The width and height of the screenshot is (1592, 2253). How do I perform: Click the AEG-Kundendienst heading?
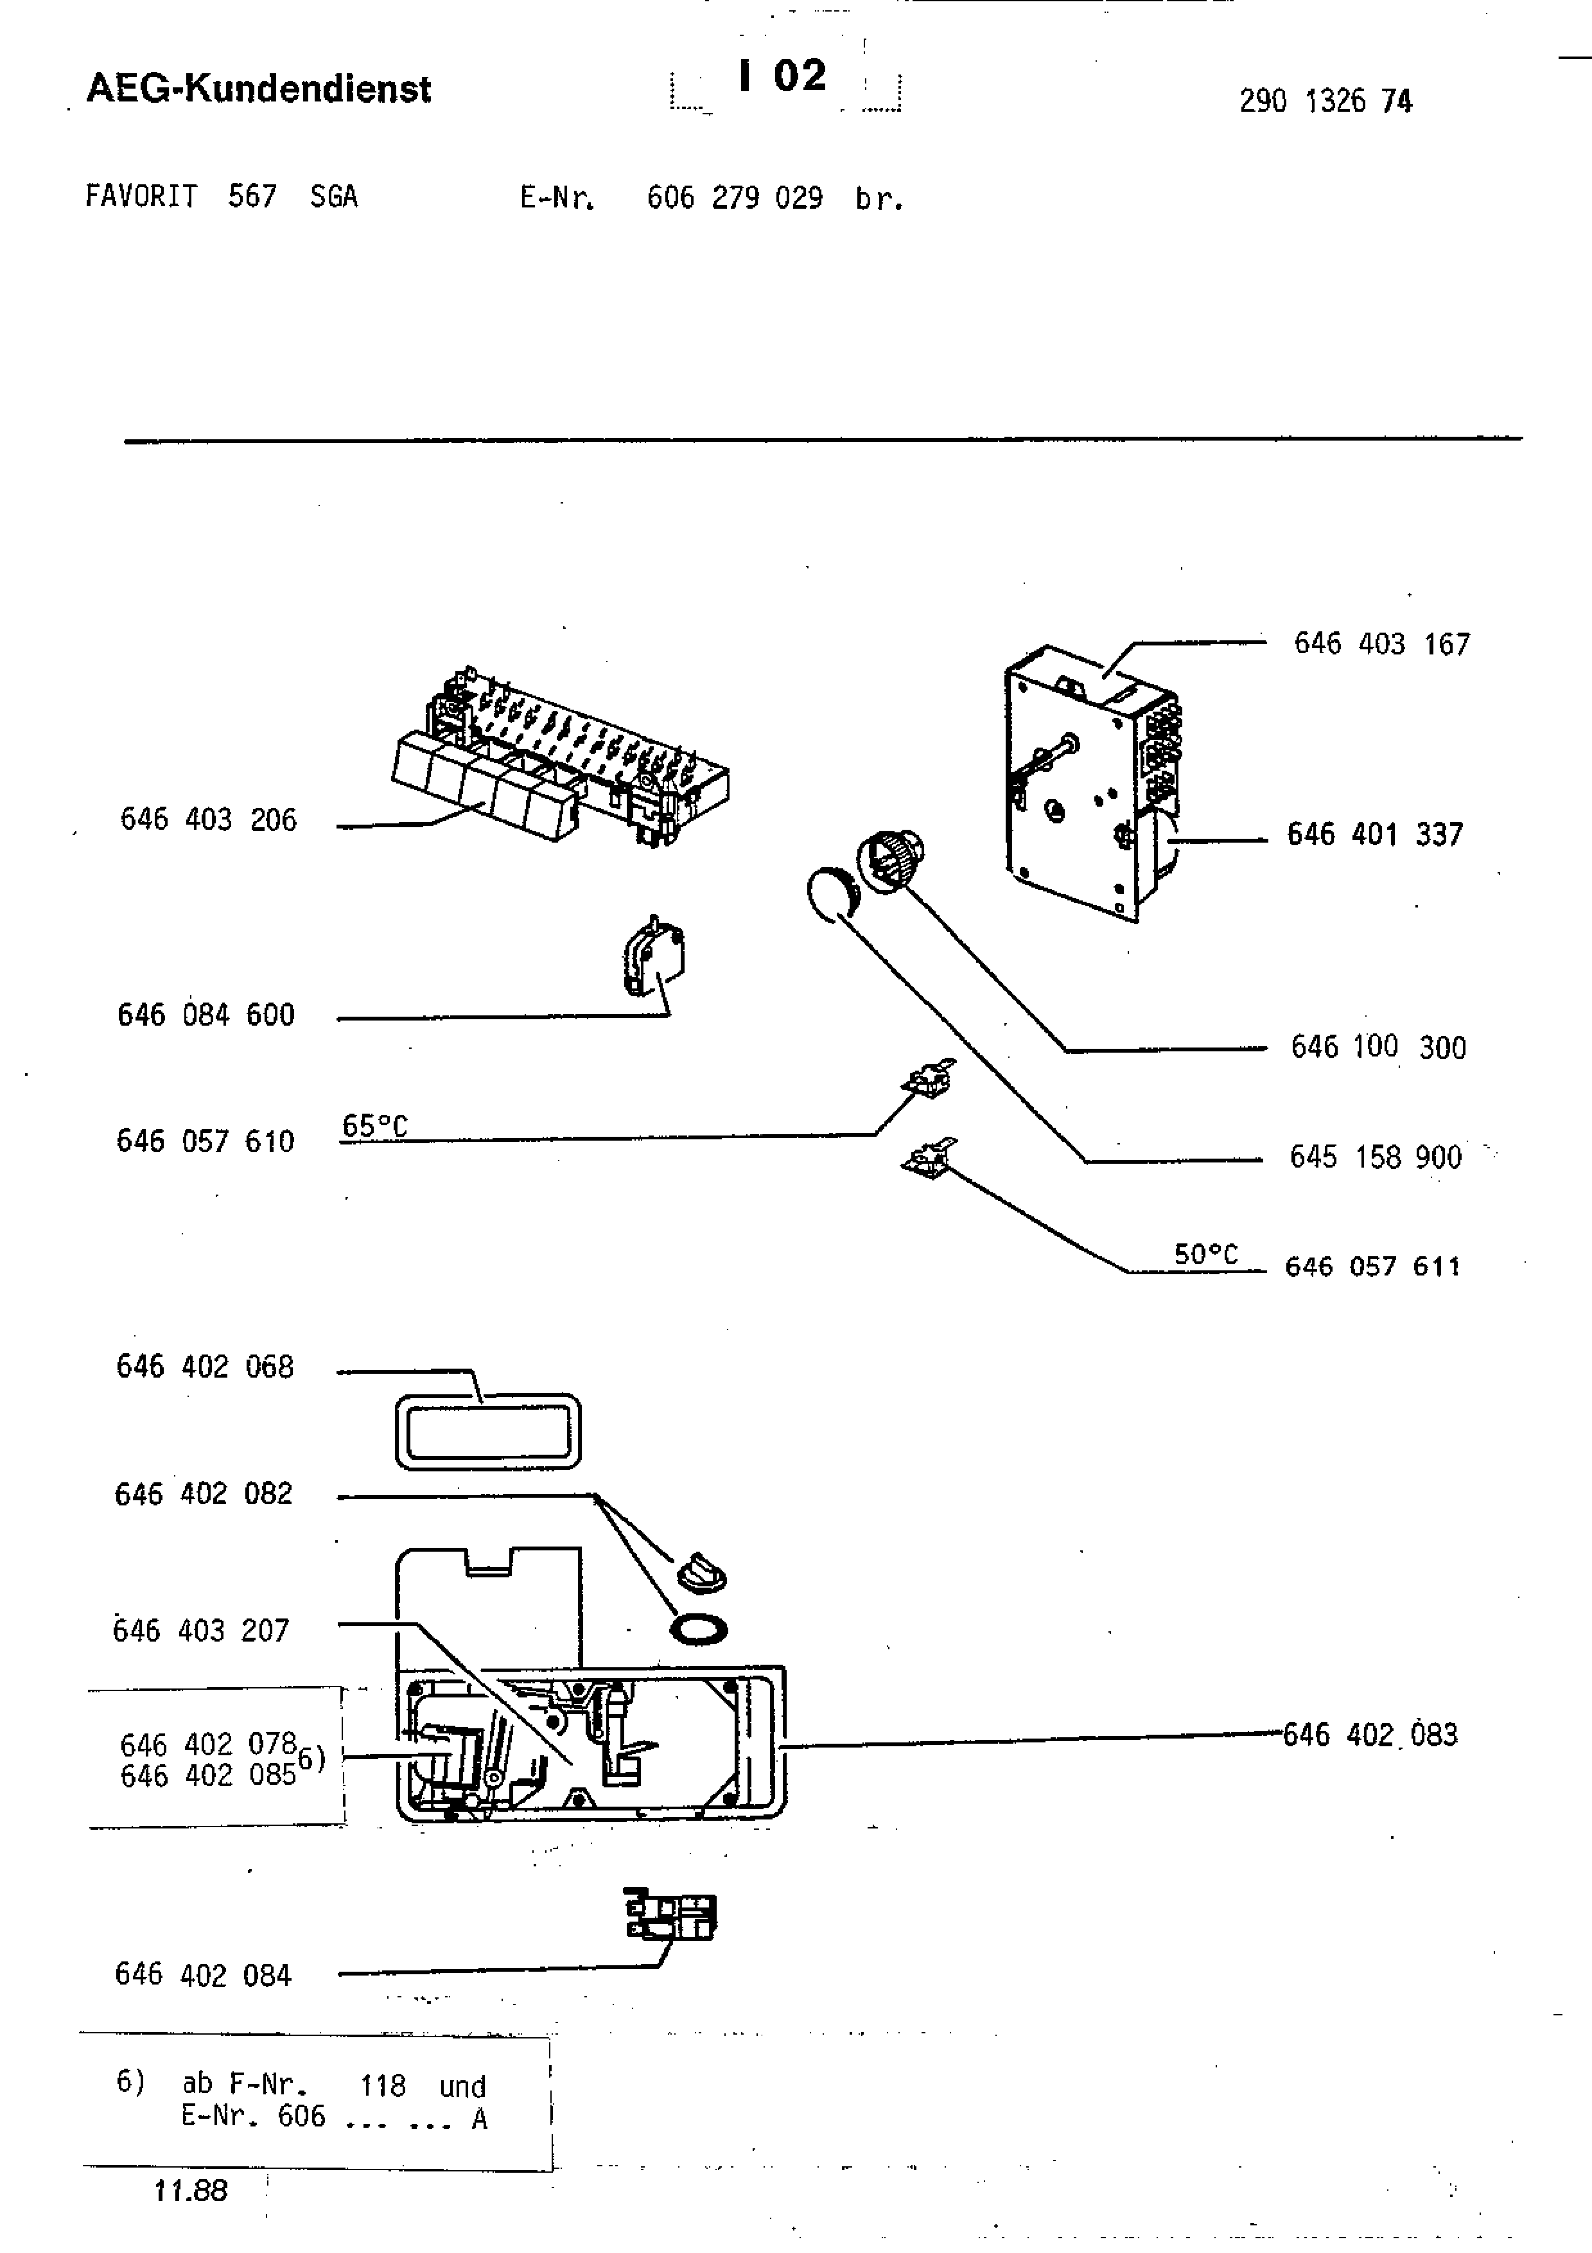click(259, 89)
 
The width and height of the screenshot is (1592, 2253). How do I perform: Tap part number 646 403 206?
click(208, 820)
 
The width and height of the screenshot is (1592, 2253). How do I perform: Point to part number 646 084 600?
click(206, 1015)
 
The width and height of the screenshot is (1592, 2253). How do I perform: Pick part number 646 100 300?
click(1378, 1047)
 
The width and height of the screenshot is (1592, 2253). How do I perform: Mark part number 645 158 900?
click(1375, 1157)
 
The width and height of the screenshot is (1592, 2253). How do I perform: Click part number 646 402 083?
click(1370, 1735)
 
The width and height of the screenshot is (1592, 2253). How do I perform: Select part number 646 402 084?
click(203, 1974)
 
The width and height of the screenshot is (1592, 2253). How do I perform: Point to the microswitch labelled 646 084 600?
click(653, 955)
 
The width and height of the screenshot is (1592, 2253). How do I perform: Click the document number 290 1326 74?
click(1325, 101)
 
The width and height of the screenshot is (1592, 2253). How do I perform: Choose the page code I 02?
click(783, 76)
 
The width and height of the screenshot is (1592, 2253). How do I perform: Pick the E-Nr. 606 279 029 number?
click(735, 198)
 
